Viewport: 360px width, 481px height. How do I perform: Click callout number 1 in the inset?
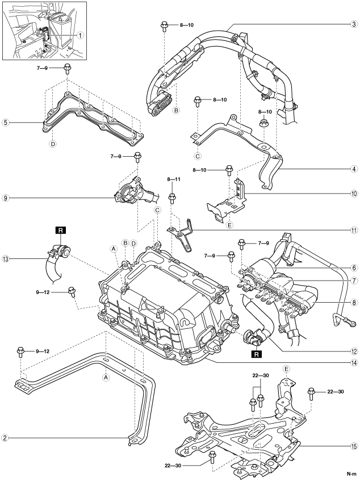(x=80, y=36)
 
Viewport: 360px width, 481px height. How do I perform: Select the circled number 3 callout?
(x=354, y=24)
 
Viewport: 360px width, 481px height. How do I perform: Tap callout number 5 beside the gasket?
(x=5, y=123)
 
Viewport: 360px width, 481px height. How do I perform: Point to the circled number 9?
(x=5, y=198)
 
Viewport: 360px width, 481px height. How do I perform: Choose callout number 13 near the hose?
(x=5, y=259)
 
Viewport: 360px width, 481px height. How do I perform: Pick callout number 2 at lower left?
(x=5, y=437)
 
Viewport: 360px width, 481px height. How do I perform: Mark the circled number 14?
(x=354, y=363)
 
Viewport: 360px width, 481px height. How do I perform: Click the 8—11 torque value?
(x=174, y=179)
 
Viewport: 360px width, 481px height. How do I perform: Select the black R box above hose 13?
(x=60, y=230)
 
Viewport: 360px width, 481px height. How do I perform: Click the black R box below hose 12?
(x=256, y=354)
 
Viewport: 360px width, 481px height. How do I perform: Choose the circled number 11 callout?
(x=354, y=230)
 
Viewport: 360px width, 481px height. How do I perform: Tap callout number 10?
(x=354, y=194)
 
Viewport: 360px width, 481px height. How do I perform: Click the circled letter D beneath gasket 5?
(x=53, y=143)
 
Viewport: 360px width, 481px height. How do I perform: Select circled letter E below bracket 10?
(x=229, y=225)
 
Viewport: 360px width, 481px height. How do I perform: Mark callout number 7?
(x=354, y=281)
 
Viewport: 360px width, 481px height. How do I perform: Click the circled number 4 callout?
(x=354, y=169)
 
